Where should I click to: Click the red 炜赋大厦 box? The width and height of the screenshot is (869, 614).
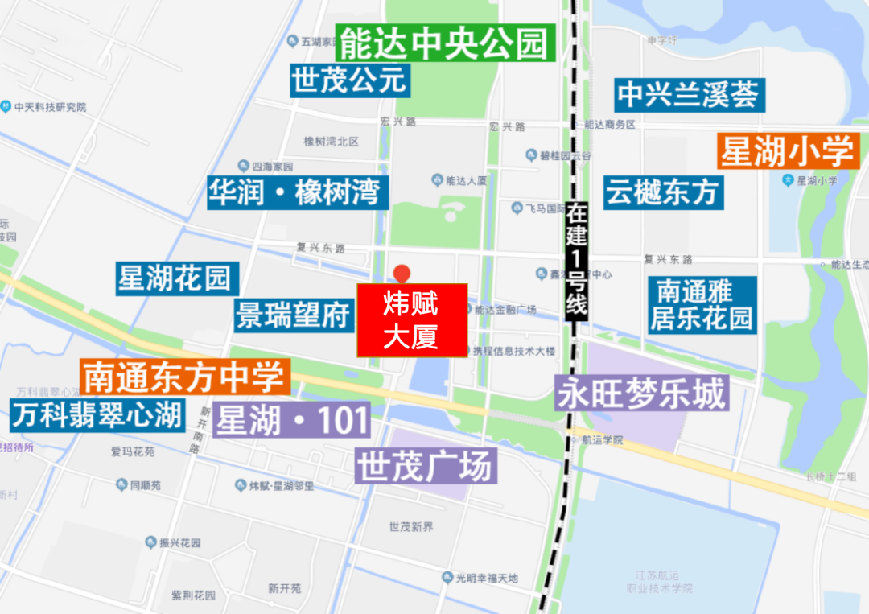pyautogui.click(x=412, y=320)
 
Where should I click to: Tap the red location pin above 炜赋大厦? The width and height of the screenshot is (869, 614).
pyautogui.click(x=400, y=273)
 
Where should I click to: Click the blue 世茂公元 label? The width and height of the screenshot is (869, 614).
pyautogui.click(x=350, y=80)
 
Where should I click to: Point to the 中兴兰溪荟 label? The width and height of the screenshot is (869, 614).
pyautogui.click(x=688, y=95)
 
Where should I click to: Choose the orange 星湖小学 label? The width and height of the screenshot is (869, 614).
pyautogui.click(x=786, y=150)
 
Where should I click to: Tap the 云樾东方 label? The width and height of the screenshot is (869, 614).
pyautogui.click(x=661, y=192)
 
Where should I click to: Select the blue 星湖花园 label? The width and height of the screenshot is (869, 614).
pyautogui.click(x=175, y=278)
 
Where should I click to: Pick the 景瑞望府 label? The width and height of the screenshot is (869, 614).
pyautogui.click(x=294, y=315)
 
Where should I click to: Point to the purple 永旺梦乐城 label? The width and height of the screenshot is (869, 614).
pyautogui.click(x=641, y=394)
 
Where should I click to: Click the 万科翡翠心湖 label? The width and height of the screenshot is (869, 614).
pyautogui.click(x=97, y=415)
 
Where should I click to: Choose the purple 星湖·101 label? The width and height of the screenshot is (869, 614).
pyautogui.click(x=292, y=420)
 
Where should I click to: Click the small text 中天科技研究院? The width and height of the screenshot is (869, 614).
pyautogui.click(x=49, y=107)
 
